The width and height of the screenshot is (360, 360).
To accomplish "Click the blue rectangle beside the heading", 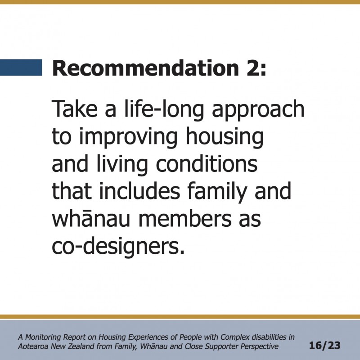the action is [21, 67].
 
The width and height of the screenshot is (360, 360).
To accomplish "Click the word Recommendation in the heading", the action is [146, 68].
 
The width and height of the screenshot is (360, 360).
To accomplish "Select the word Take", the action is [75, 108].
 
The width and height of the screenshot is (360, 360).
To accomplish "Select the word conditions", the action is [207, 163].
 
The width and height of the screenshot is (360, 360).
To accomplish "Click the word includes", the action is [139, 191].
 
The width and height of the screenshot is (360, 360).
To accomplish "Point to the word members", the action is [185, 218].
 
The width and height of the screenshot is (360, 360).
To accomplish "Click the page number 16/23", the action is [324, 346].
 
